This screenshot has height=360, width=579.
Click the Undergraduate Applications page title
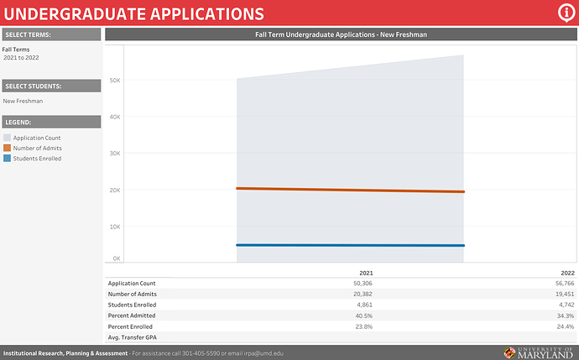pos(134,13)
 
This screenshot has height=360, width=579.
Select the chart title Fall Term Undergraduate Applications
pos(341,34)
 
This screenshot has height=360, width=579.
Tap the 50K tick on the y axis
pos(117,81)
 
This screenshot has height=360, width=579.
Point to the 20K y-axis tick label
pos(117,190)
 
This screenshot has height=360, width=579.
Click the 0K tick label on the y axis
pos(117,258)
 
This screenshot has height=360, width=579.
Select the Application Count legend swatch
pos(8,138)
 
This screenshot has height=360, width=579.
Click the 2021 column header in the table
pos(366,273)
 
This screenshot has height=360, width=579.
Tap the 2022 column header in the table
pos(567,273)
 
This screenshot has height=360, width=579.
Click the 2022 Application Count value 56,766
pos(562,284)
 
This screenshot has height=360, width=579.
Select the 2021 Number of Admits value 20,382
pos(362,294)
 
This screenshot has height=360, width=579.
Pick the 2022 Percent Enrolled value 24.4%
pos(565,326)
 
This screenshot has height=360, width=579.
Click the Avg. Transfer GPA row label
pos(133,337)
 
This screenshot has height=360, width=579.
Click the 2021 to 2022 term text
pos(21,58)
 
